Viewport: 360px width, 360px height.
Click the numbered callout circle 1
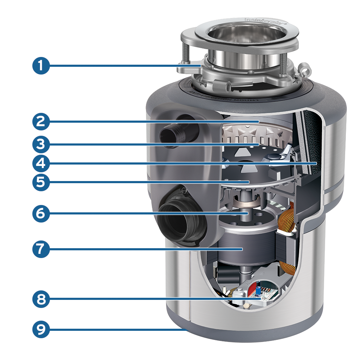(x=41, y=66)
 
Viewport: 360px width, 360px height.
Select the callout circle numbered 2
(x=41, y=122)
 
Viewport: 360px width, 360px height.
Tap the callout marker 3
(x=41, y=144)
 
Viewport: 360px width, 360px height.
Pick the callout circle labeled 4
(x=41, y=163)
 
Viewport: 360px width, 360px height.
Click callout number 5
(x=41, y=182)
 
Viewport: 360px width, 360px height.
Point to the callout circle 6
(x=41, y=213)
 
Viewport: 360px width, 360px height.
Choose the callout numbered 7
(x=41, y=249)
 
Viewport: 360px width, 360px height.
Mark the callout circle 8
(x=41, y=299)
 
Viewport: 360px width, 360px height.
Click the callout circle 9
(x=41, y=329)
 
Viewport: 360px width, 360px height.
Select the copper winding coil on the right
(x=287, y=225)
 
